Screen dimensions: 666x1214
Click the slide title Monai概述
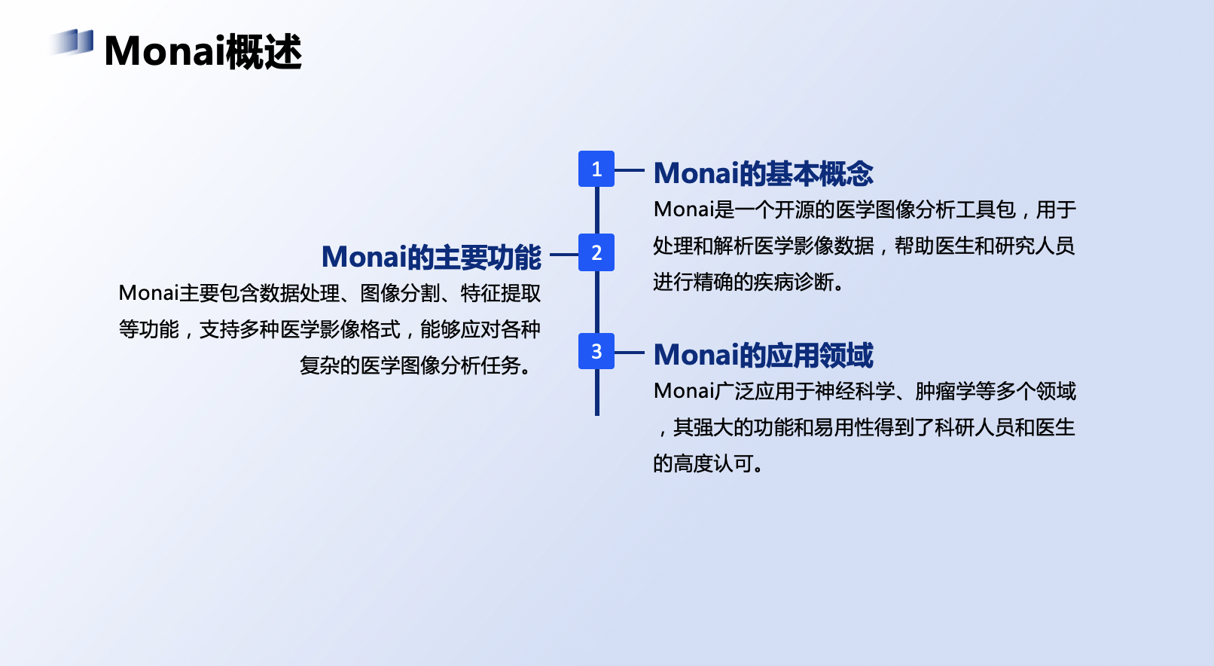pos(203,51)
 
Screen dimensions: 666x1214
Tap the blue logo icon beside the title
pos(72,42)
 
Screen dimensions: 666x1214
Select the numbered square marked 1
pos(596,169)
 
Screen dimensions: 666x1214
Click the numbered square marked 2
pos(596,252)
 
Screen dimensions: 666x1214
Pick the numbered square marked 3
pos(596,351)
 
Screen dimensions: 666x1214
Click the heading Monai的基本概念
pos(763,173)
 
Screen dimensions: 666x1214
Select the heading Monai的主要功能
pos(431,257)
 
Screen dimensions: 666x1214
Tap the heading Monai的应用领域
pos(763,355)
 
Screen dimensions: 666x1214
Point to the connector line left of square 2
pos(564,255)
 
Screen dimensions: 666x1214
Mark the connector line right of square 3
pos(630,352)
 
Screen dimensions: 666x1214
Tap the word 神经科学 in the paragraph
pos(855,391)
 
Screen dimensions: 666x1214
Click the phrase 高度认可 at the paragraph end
pos(713,463)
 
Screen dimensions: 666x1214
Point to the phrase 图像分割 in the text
pos(400,293)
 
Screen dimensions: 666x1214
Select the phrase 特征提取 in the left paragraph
pos(501,293)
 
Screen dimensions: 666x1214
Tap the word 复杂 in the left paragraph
pos(319,365)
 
